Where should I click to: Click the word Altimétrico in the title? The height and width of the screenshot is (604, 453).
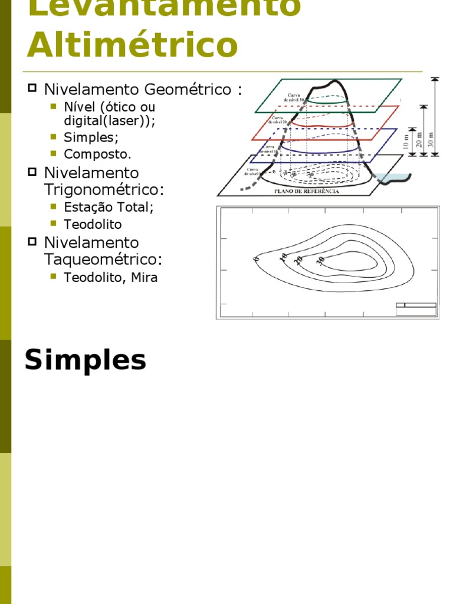click(132, 45)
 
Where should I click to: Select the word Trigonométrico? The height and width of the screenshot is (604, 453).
click(103, 190)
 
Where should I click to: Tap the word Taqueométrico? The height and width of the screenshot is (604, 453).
click(103, 260)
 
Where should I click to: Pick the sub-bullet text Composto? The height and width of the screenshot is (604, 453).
click(98, 154)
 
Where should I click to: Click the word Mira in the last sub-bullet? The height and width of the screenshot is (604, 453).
click(143, 277)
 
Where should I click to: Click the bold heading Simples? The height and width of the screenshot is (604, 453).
click(86, 360)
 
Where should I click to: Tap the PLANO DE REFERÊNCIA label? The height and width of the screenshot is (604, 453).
click(306, 192)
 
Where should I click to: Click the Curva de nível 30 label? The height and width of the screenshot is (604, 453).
click(295, 97)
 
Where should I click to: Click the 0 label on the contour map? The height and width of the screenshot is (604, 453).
click(257, 259)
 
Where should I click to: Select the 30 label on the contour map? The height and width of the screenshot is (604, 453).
click(321, 260)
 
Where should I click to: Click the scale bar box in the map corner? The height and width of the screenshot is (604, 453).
click(416, 309)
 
